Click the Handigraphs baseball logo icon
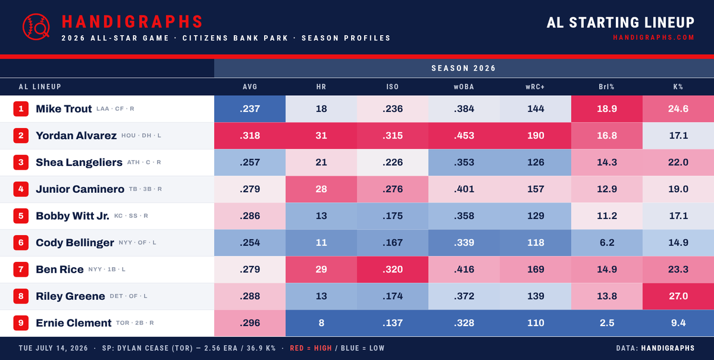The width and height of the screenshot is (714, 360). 36,27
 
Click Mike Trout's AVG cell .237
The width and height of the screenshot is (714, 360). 250,109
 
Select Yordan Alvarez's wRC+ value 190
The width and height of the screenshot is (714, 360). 535,136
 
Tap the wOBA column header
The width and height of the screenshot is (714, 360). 464,87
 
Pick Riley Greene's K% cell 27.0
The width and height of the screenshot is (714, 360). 678,296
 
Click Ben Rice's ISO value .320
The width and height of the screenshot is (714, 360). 393,270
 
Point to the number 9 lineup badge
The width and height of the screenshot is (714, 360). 21,323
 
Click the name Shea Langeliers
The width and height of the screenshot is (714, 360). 79,162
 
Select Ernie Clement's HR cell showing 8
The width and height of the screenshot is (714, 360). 321,323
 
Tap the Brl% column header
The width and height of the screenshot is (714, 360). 606,87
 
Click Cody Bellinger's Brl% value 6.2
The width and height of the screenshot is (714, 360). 607,243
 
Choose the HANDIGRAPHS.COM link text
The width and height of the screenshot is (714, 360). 654,37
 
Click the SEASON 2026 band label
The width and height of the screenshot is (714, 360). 464,68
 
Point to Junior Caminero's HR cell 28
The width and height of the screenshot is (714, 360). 321,189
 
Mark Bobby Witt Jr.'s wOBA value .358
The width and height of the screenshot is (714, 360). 464,216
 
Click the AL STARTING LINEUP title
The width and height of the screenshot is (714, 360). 621,23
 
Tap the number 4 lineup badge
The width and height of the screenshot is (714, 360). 21,189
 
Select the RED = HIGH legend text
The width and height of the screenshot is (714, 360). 311,348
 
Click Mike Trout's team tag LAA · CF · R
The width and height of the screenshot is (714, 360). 115,109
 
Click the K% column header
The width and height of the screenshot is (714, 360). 678,87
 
